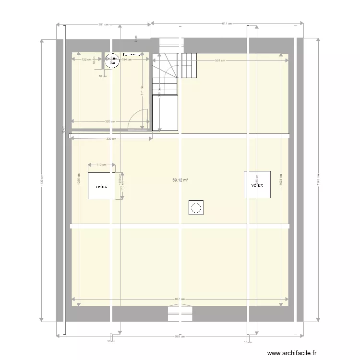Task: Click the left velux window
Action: [101, 186]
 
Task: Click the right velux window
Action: [257, 184]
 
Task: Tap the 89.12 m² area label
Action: [180, 180]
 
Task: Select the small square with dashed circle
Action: [195, 208]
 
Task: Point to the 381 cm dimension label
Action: [103, 24]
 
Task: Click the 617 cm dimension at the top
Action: [227, 23]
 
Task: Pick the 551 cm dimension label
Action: [220, 60]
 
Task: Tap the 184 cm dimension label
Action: [126, 60]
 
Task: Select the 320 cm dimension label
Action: [110, 121]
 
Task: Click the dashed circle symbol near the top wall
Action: [112, 59]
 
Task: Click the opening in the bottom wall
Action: [180, 314]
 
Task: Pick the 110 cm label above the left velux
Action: [101, 165]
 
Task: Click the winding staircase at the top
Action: [165, 74]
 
